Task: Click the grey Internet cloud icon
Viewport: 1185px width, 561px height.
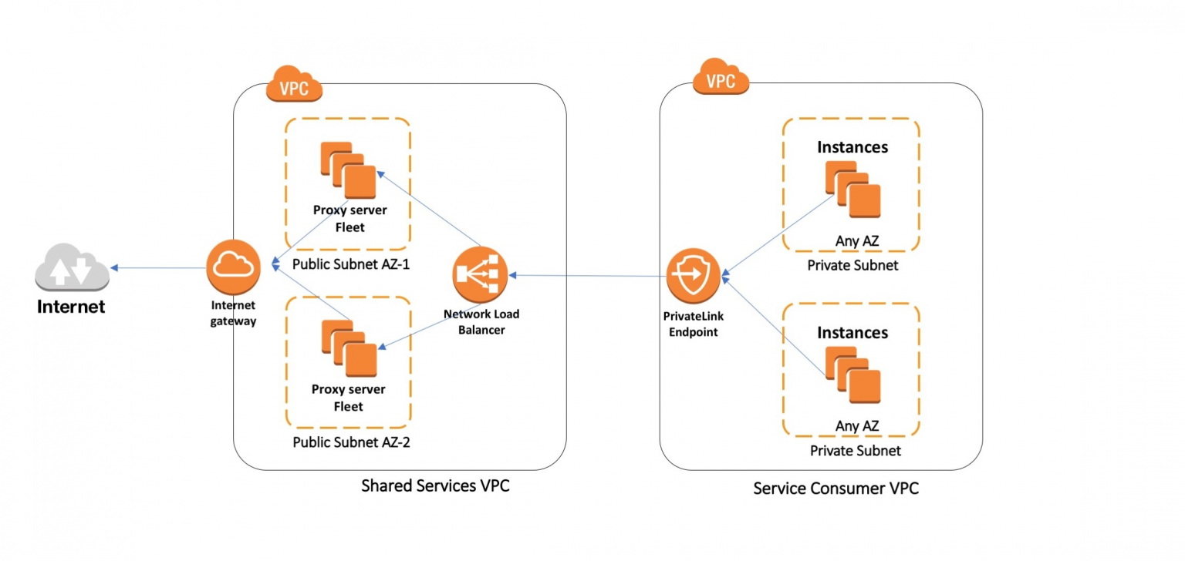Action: [x=72, y=268]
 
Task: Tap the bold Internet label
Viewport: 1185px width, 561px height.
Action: [x=71, y=307]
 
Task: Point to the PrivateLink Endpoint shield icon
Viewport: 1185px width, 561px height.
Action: [x=692, y=275]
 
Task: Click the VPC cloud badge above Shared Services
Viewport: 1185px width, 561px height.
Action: [x=294, y=85]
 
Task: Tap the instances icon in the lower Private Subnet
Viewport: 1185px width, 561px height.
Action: [x=852, y=375]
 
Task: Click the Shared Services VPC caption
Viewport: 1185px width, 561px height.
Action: [x=435, y=486]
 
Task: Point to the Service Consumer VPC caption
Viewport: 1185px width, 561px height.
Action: [x=836, y=489]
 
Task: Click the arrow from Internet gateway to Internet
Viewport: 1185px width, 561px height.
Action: [x=158, y=268]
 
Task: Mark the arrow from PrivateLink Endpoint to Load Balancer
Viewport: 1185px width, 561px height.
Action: [x=586, y=274]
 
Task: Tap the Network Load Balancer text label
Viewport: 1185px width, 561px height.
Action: [x=481, y=322]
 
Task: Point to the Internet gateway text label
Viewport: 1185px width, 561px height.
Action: [x=233, y=314]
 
